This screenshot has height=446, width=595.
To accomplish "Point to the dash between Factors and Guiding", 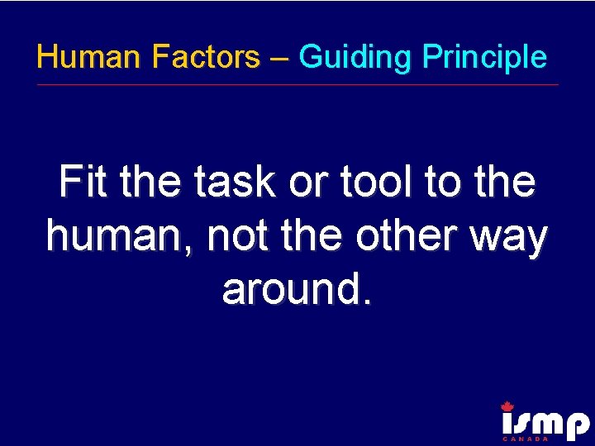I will pos(278,58).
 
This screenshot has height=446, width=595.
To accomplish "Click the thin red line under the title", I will pos(297,84).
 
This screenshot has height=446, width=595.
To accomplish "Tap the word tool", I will pos(367,183).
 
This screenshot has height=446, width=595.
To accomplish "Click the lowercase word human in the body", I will pos(121,236).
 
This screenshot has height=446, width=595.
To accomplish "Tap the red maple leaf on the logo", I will pos(507,406).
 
